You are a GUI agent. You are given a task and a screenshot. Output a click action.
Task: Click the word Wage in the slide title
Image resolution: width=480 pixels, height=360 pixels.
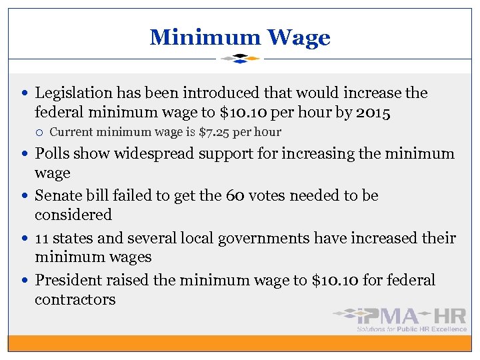click(299, 37)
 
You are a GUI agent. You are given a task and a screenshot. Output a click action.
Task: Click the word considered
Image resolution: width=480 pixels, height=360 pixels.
click(73, 215)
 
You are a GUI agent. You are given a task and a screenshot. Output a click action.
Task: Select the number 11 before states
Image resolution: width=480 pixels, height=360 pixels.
click(42, 238)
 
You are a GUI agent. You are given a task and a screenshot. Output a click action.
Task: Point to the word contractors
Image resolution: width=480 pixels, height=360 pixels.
click(75, 299)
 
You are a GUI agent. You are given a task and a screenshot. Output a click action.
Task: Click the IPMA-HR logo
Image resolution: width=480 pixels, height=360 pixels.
click(400, 318)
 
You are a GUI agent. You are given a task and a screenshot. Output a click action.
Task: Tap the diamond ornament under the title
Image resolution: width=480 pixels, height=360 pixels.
click(240, 59)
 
